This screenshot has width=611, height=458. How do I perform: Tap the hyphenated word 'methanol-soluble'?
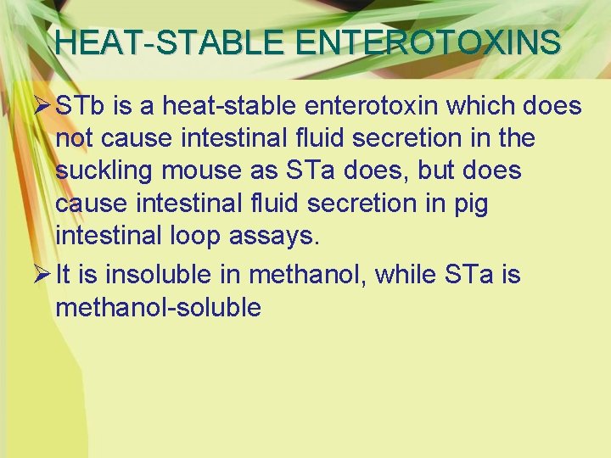(x=158, y=307)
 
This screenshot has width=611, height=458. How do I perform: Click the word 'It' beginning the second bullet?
(x=63, y=275)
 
